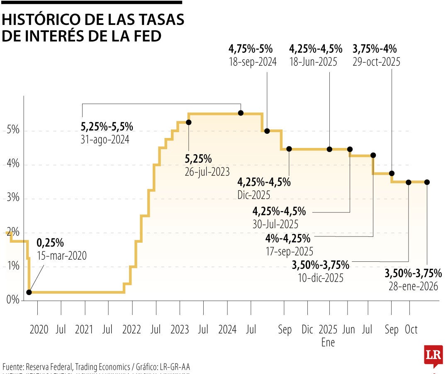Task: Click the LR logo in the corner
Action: tap(433, 356)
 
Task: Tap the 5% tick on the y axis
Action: tap(13, 130)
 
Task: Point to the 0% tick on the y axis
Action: tap(13, 300)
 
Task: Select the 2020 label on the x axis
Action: tap(39, 330)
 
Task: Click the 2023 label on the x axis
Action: tap(180, 330)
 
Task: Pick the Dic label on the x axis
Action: tap(307, 330)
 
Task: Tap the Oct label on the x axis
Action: tap(411, 330)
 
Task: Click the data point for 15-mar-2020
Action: tap(29, 292)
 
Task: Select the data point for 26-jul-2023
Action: tap(189, 122)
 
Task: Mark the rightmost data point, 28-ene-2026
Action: tap(427, 182)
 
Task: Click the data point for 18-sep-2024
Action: tap(267, 131)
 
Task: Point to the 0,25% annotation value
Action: tap(50, 243)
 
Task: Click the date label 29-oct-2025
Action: tap(376, 62)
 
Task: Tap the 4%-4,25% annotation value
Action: tap(288, 239)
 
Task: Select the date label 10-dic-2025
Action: tap(320, 278)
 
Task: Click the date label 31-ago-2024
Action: tap(105, 140)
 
